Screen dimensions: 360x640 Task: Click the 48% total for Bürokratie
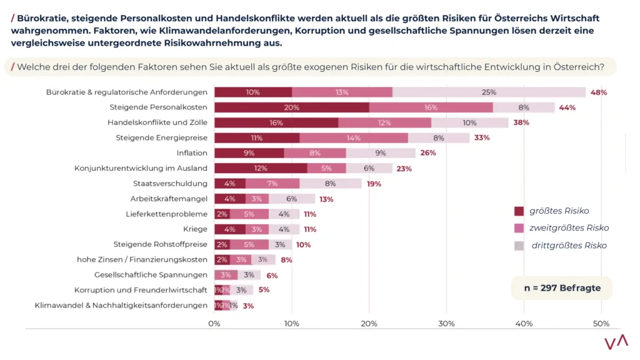click(x=599, y=92)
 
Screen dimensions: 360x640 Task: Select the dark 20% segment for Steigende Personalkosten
click(x=291, y=107)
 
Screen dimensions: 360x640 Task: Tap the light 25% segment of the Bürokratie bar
click(x=489, y=92)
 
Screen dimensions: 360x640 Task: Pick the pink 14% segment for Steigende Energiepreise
click(x=354, y=138)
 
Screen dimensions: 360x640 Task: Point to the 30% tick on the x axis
click(x=446, y=324)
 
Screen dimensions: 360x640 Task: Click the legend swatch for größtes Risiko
click(x=519, y=211)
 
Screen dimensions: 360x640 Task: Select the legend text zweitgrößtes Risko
click(x=569, y=228)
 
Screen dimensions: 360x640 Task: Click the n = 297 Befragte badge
click(x=562, y=288)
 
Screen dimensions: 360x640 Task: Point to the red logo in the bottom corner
click(x=616, y=343)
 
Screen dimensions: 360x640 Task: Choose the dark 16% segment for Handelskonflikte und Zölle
click(x=276, y=122)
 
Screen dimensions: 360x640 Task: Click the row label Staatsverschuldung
click(x=170, y=184)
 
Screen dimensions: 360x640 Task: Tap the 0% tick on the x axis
click(x=214, y=324)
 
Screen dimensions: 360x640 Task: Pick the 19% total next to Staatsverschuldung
click(x=374, y=184)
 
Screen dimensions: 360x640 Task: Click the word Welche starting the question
click(x=34, y=67)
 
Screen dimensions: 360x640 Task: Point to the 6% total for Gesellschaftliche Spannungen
click(x=272, y=276)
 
